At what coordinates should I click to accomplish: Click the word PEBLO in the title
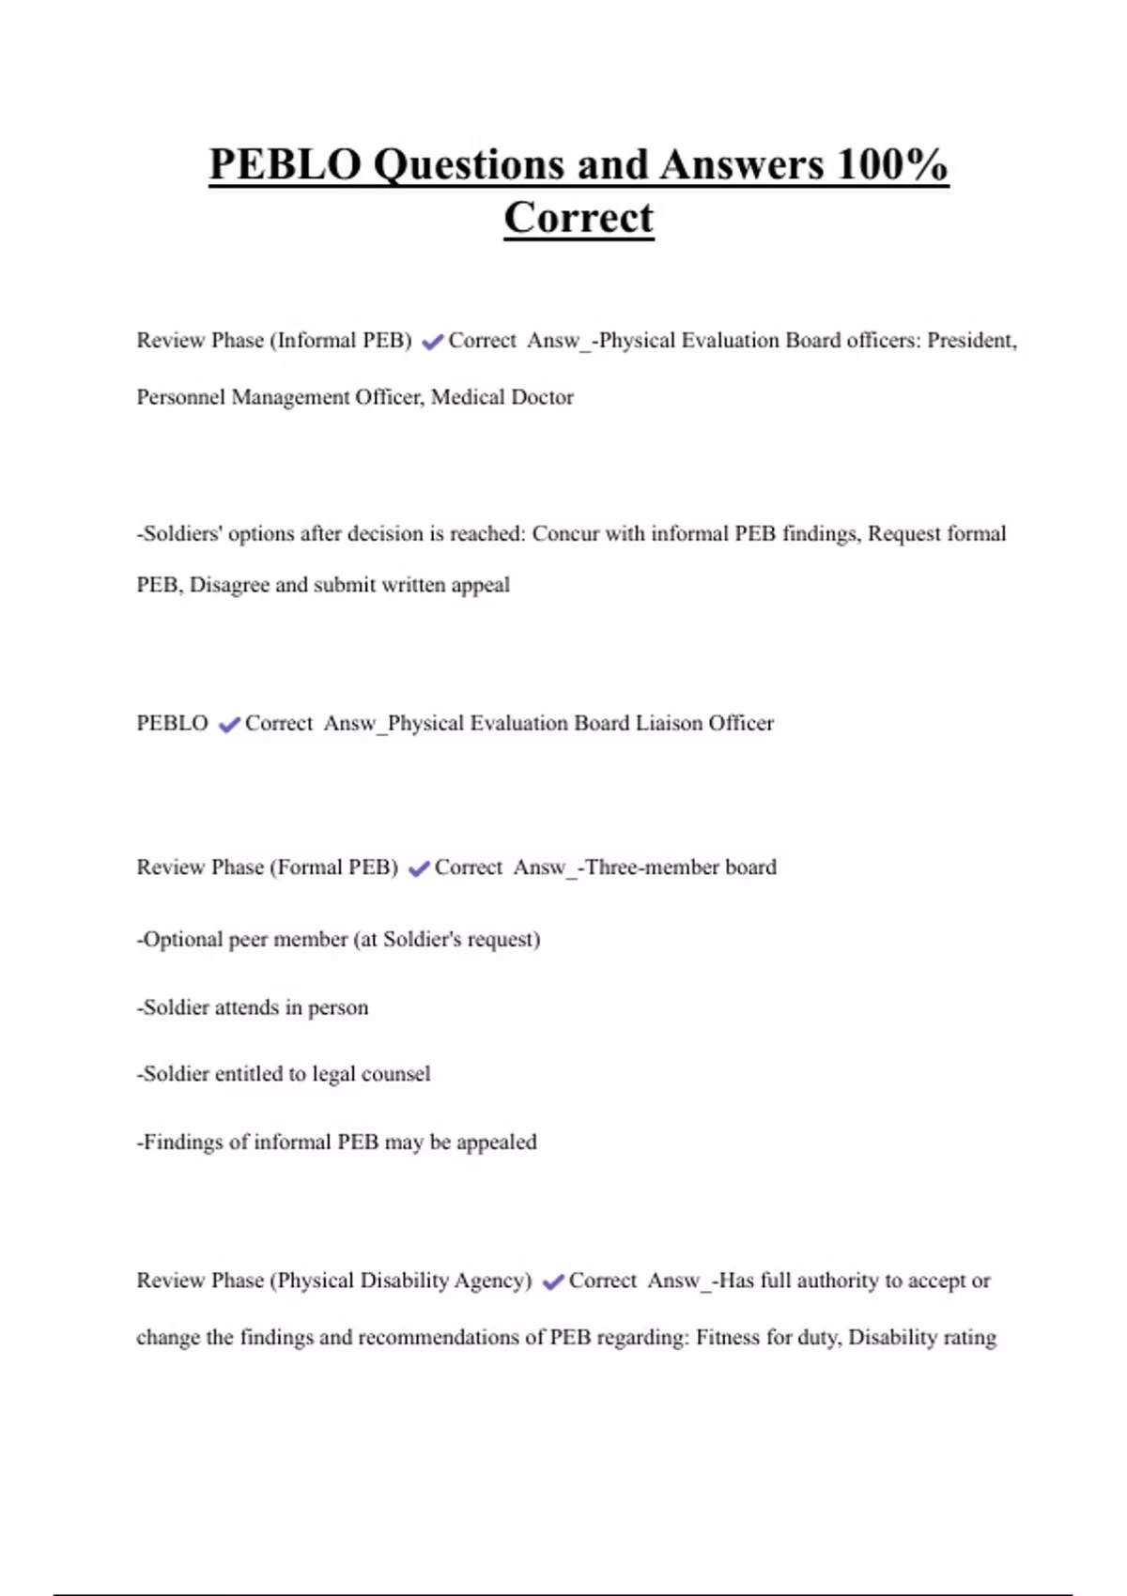[x=285, y=165]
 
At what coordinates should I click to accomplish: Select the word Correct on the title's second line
[x=579, y=218]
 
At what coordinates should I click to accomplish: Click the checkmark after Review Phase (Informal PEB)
[x=432, y=342]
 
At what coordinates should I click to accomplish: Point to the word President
[x=971, y=341]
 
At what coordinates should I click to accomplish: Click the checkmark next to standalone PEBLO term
[x=229, y=725]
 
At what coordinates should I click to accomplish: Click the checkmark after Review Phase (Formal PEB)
[x=419, y=868]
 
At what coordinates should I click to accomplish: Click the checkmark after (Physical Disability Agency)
[x=553, y=1281]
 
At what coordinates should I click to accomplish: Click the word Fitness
[x=728, y=1337]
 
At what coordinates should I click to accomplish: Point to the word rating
[x=969, y=1337]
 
